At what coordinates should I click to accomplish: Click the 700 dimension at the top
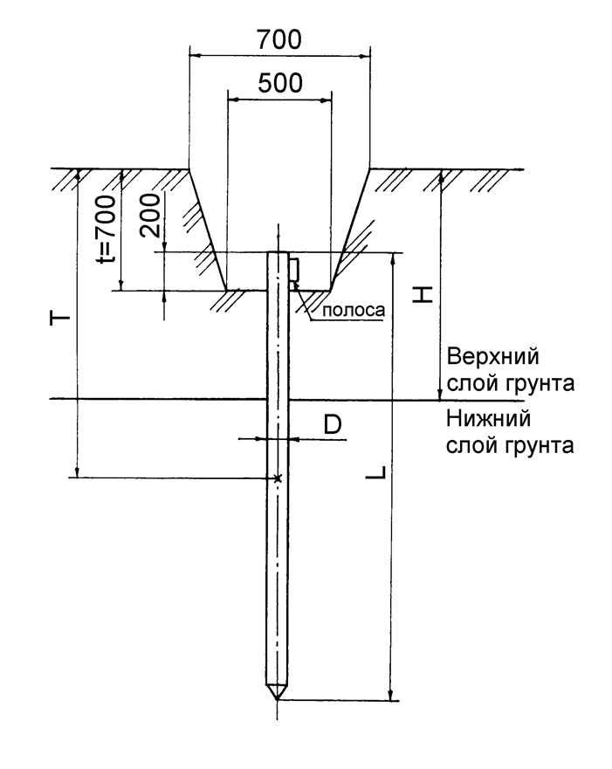279,40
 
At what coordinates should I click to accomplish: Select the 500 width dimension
280,83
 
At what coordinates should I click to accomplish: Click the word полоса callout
354,310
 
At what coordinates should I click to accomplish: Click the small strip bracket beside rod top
294,270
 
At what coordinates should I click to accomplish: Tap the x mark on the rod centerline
277,477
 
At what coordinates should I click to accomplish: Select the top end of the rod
277,253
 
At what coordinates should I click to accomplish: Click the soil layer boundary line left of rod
157,400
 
